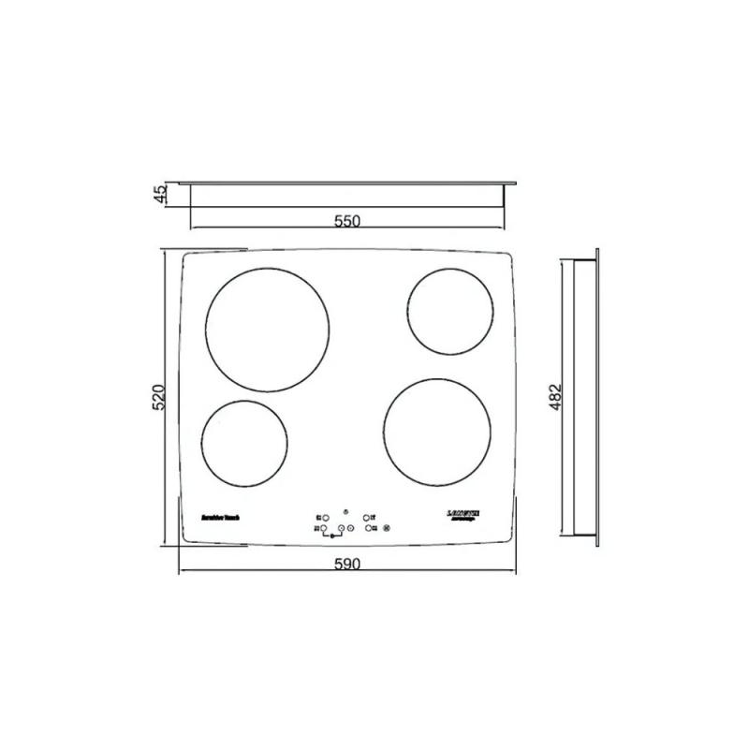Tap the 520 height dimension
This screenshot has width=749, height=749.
159,397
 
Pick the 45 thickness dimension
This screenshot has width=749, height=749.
160,194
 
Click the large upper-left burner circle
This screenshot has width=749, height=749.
269,333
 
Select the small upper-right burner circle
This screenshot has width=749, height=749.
450,311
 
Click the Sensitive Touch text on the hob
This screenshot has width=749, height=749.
223,516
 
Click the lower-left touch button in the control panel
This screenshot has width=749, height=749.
324,529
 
